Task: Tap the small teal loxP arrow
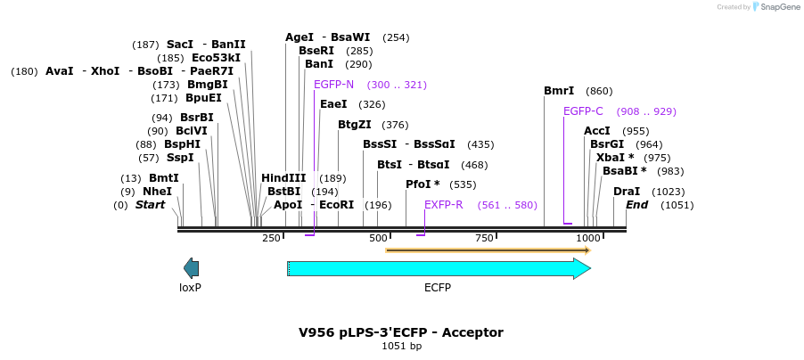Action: click(x=191, y=267)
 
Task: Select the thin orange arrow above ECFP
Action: click(x=487, y=250)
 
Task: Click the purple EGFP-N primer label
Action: click(x=333, y=85)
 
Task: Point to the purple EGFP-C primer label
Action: click(x=583, y=111)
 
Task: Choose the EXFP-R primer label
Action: click(x=443, y=205)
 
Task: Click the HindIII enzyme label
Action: click(x=283, y=178)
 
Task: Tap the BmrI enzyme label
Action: click(x=559, y=91)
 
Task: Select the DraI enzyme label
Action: click(x=627, y=192)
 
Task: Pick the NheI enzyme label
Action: click(x=157, y=192)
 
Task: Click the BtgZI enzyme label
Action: click(x=354, y=125)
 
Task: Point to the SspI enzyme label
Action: click(x=179, y=158)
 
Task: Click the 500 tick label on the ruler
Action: click(x=379, y=239)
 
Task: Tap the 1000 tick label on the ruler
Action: click(x=588, y=239)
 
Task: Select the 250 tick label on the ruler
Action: click(x=272, y=239)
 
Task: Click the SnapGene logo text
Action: click(x=779, y=7)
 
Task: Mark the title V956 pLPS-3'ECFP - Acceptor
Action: click(x=401, y=332)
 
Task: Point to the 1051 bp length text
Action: click(x=401, y=346)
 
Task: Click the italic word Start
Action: click(x=150, y=205)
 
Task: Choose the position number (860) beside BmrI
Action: click(x=599, y=91)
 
